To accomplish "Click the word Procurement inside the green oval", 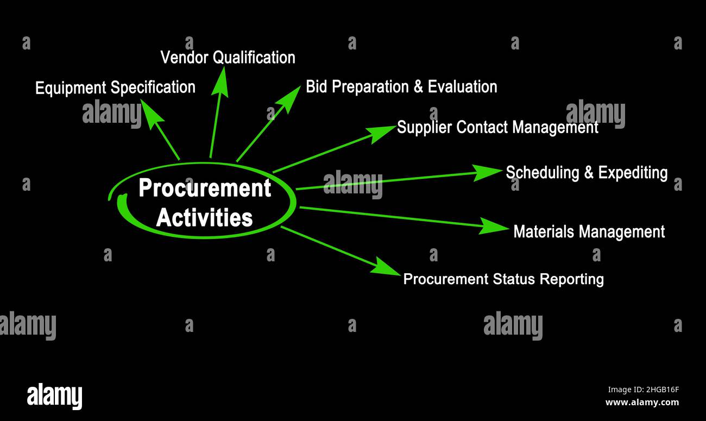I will [205, 188].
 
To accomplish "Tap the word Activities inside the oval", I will [204, 218].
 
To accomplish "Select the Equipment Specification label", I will [115, 87].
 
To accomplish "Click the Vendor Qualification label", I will [228, 58].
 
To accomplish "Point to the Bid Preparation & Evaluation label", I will [401, 87].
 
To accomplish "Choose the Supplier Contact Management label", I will [497, 128].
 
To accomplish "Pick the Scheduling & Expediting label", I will [587, 173].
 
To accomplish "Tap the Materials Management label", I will [589, 232].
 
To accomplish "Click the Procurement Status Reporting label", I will [503, 279].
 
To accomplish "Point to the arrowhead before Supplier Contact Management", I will [381, 132].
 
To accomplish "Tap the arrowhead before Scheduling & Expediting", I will [487, 172].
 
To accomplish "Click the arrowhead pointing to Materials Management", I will [493, 226].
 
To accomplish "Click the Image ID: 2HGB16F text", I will [643, 389].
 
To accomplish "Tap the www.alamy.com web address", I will [642, 403].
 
